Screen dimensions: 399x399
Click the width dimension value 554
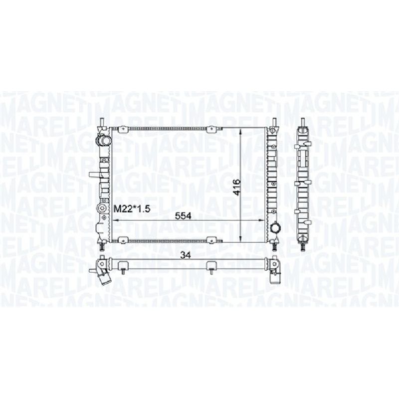[183, 216]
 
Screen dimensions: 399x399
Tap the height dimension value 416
[236, 188]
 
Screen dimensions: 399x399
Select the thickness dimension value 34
[186, 255]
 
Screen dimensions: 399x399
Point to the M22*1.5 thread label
[132, 209]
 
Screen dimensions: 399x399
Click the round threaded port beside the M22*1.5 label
[102, 208]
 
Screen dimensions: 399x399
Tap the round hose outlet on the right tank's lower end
[275, 227]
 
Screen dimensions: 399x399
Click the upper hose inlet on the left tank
[103, 141]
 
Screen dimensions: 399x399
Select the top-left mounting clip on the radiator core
[123, 129]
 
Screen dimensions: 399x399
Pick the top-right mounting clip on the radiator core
[211, 129]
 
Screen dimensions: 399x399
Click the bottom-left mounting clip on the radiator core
[123, 239]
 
